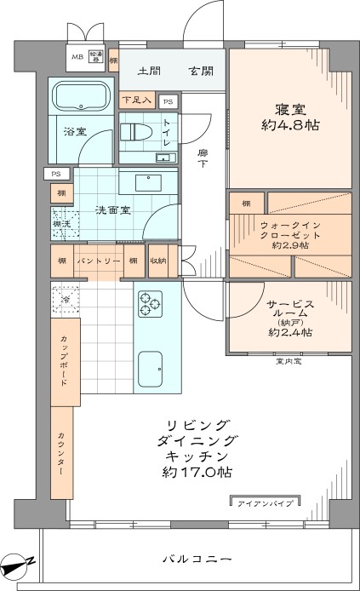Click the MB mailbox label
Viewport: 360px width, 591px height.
[77, 57]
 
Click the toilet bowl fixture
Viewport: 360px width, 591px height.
[134, 132]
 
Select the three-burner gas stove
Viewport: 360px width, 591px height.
[151, 302]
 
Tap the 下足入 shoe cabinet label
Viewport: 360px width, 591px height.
[136, 100]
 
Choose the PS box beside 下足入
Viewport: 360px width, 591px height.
[168, 100]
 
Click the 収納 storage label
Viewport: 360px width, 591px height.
[157, 261]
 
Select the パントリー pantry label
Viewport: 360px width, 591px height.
[100, 261]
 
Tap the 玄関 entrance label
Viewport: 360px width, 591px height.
[201, 71]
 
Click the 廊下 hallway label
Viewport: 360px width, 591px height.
[203, 158]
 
